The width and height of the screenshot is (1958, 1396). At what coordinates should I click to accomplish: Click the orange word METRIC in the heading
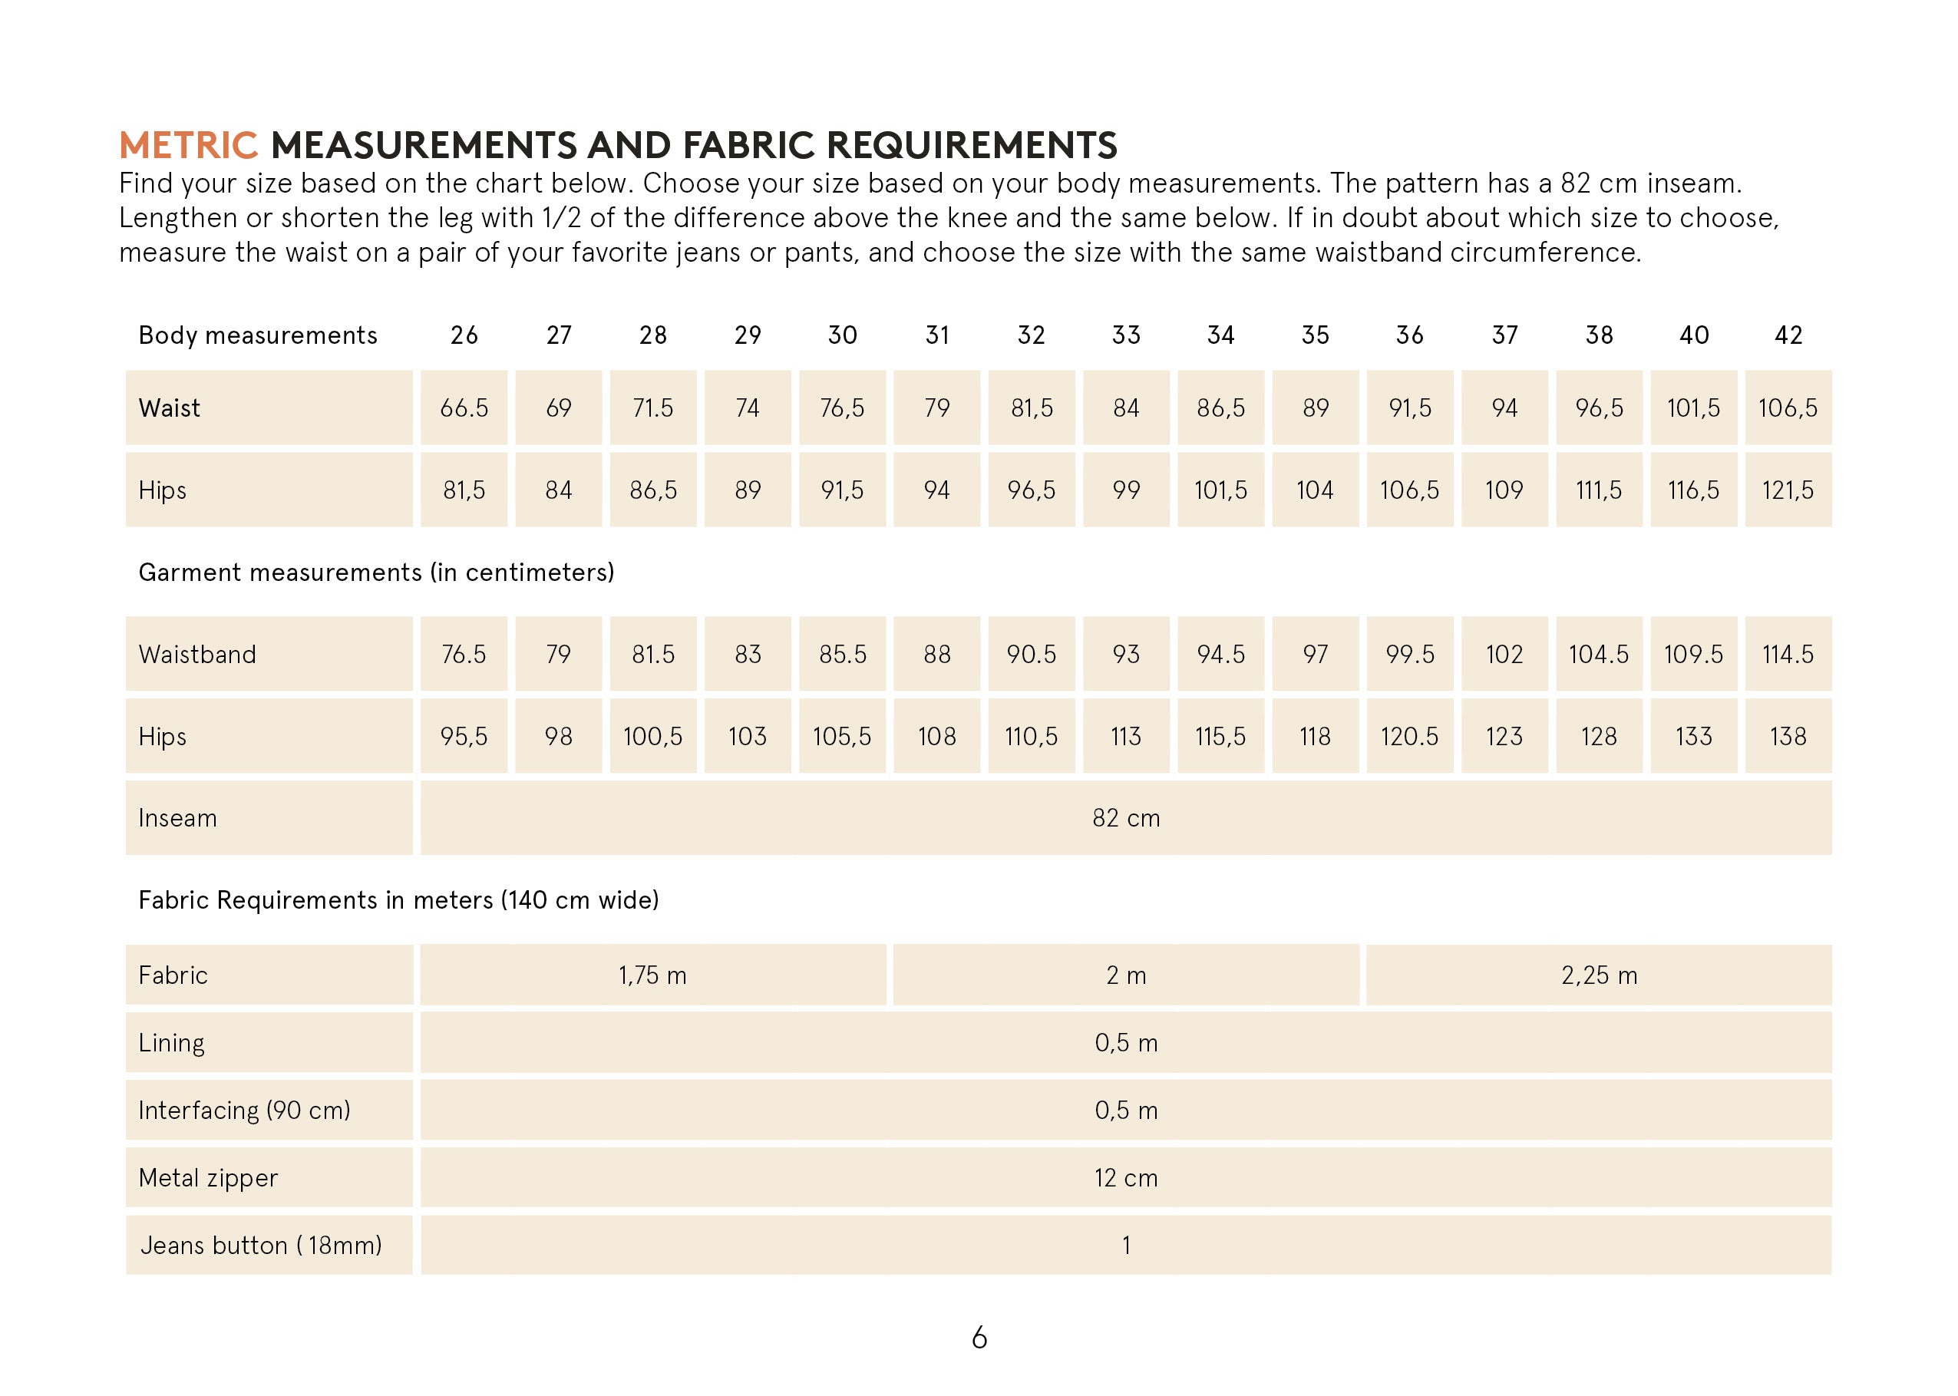[x=188, y=145]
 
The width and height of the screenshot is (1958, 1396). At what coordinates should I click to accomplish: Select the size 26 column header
[x=464, y=335]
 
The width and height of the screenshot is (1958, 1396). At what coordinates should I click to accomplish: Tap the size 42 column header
[x=1788, y=335]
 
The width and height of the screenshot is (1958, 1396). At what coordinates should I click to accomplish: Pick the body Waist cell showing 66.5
[x=464, y=408]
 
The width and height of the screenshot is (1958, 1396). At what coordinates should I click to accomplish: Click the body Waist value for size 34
[x=1220, y=408]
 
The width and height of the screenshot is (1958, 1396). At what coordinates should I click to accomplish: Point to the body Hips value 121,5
[x=1788, y=490]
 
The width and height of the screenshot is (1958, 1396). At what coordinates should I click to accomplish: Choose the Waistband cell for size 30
[x=842, y=654]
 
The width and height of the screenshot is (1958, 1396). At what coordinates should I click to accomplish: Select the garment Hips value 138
[x=1788, y=737]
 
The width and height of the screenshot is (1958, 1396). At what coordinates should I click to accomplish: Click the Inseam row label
[x=178, y=818]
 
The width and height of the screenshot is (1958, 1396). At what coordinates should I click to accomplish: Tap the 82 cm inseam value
[x=1126, y=818]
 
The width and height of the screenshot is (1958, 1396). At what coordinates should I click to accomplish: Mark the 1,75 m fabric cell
[x=652, y=975]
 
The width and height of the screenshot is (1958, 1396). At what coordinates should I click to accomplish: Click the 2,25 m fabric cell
[x=1599, y=975]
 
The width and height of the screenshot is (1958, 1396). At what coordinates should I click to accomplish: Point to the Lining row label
[x=172, y=1043]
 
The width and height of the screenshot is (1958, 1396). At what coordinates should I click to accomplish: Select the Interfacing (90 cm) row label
[x=245, y=1111]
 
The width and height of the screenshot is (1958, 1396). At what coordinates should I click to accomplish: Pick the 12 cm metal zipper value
[x=1126, y=1178]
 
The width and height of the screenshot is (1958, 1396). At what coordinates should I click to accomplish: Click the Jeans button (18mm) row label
[x=261, y=1246]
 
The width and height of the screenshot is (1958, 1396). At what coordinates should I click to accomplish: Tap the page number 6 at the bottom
[x=979, y=1338]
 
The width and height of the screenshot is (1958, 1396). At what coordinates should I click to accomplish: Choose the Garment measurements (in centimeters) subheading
[x=376, y=573]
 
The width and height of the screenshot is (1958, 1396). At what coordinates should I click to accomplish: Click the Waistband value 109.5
[x=1693, y=654]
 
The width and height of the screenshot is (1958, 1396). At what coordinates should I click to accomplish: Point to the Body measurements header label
[x=258, y=335]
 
